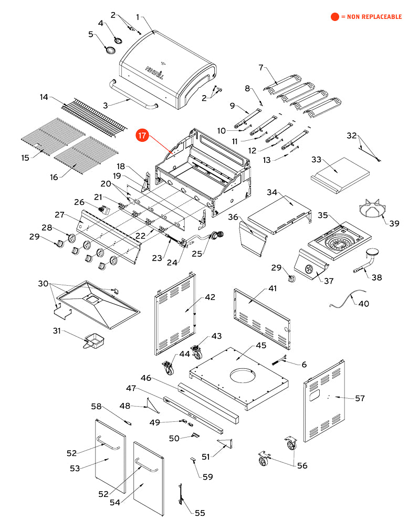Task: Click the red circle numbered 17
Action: (x=142, y=136)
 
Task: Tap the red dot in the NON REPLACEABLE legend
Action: (x=335, y=17)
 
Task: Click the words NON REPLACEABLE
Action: (x=374, y=17)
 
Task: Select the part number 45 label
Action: (x=261, y=346)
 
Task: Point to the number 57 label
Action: (x=360, y=398)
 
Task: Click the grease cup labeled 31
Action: (x=94, y=340)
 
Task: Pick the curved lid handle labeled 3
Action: (x=133, y=95)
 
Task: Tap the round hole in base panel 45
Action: (x=243, y=376)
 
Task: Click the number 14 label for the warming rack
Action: (x=44, y=97)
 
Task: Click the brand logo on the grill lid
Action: (x=155, y=72)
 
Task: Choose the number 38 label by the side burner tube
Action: (x=376, y=277)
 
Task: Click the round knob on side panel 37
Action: (x=309, y=269)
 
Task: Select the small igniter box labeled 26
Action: (x=104, y=210)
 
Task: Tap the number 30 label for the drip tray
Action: (x=43, y=283)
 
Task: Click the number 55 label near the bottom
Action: (x=200, y=513)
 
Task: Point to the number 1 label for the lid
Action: (x=138, y=17)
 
